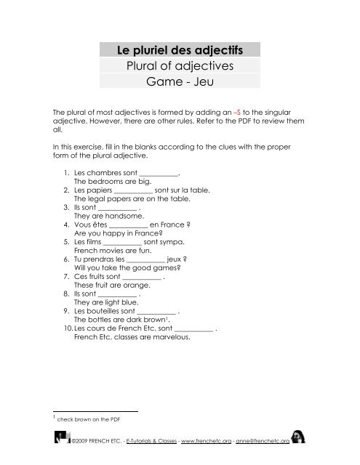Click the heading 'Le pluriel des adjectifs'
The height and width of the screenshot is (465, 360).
tap(179, 50)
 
